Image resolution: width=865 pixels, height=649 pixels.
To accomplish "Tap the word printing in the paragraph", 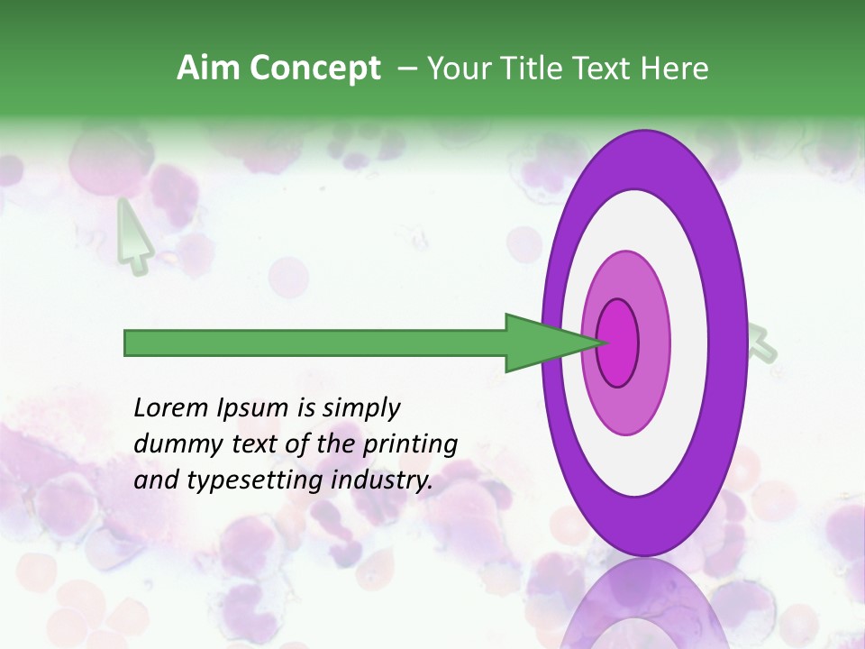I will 410,444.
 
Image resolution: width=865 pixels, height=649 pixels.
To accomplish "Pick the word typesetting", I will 251,480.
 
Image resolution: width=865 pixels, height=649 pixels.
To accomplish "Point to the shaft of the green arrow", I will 315,343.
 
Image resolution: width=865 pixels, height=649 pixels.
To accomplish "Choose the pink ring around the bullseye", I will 654,343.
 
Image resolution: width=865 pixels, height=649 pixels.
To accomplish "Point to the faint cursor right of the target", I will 761,343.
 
